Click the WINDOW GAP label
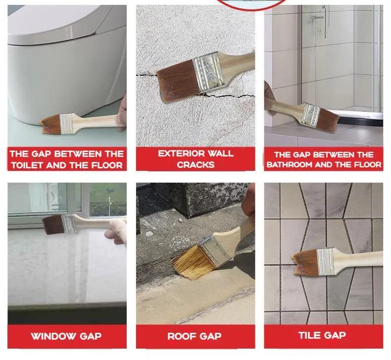66,336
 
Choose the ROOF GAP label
195,336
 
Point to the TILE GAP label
322,335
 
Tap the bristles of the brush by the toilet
50,122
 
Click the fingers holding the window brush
118,230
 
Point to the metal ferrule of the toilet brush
67,122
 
